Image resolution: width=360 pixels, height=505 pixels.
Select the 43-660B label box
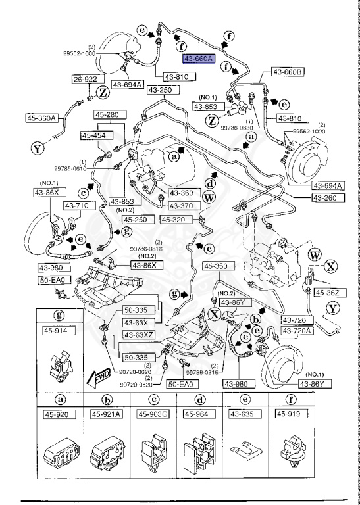coord(286,72)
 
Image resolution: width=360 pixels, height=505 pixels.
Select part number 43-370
coord(178,205)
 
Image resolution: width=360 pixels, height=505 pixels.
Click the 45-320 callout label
coord(175,220)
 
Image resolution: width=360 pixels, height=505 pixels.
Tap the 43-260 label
coord(324,198)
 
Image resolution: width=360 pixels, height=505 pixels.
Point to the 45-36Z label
coord(327,292)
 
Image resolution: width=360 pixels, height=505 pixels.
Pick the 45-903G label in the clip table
coord(153,414)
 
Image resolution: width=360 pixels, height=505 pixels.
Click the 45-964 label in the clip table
coord(199,414)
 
